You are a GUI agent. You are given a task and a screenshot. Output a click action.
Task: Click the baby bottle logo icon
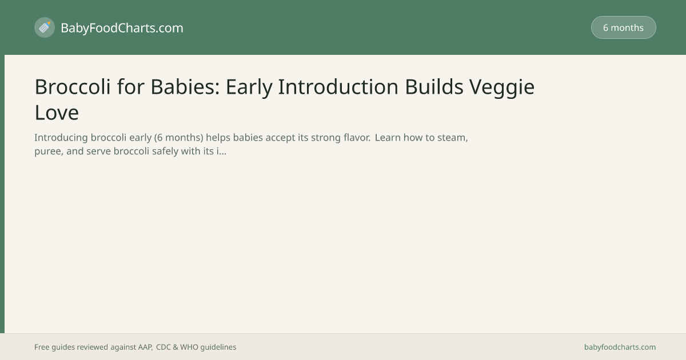(45, 27)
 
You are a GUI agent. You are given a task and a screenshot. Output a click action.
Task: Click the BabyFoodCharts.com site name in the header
(122, 28)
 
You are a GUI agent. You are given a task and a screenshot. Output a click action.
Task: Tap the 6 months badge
(624, 27)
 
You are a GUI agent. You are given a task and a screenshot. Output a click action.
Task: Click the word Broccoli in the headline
(73, 87)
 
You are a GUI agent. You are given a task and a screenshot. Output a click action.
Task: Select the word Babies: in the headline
(185, 87)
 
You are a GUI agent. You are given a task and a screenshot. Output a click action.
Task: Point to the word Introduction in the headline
(338, 87)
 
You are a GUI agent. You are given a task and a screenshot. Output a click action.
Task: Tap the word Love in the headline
(57, 113)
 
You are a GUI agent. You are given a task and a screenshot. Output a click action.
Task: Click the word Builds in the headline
(434, 87)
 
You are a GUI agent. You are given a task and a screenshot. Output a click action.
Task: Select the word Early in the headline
(249, 88)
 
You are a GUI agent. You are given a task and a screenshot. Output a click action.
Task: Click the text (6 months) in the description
(178, 138)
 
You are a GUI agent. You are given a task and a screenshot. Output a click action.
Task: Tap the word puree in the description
(47, 151)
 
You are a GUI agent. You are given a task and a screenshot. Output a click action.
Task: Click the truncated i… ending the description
(221, 151)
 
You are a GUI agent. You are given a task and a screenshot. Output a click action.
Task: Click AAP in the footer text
(145, 347)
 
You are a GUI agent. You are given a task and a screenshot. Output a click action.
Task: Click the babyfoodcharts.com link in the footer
(620, 347)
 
